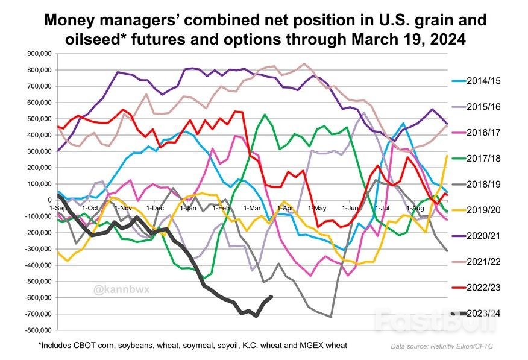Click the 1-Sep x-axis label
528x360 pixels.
click(58, 208)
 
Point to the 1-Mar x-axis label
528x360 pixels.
click(252, 208)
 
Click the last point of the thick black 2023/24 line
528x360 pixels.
click(271, 296)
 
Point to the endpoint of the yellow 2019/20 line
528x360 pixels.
click(447, 156)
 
